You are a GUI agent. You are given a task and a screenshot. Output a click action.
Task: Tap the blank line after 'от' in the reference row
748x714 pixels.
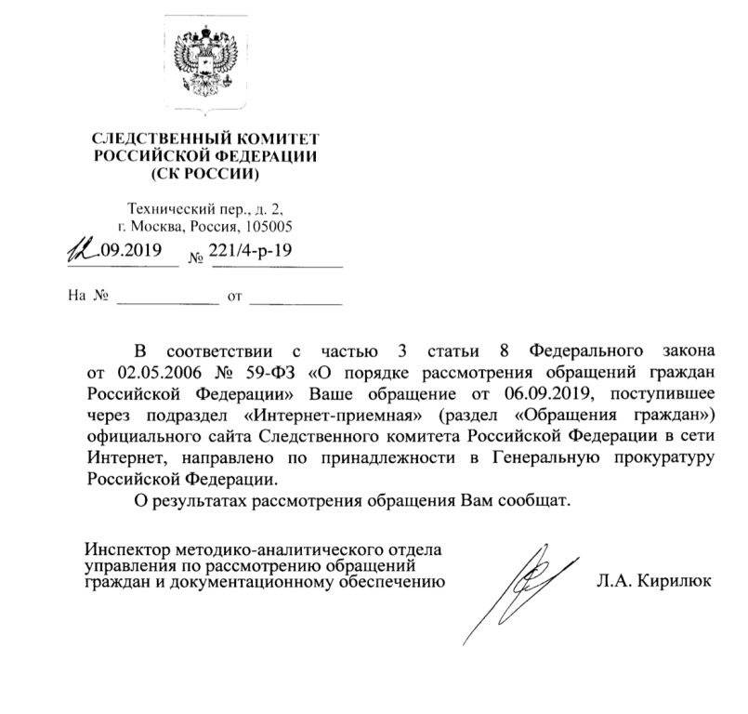click(296, 299)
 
